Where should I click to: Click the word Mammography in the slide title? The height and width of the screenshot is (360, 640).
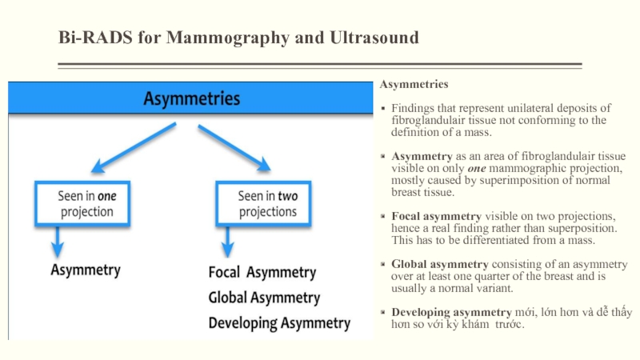tap(228, 38)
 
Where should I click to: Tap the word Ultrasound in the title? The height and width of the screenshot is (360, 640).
tap(374, 37)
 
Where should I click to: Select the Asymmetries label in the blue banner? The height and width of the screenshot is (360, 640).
tap(191, 98)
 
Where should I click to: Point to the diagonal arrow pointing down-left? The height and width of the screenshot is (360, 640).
tap(134, 147)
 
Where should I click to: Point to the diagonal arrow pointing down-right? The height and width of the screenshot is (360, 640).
tap(234, 147)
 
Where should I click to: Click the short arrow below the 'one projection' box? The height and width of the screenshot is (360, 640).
tap(58, 242)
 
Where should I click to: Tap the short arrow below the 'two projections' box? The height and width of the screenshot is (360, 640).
tap(228, 242)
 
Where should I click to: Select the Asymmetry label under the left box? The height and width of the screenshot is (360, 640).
tap(86, 270)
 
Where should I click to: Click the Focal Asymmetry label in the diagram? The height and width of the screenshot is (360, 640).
tap(262, 272)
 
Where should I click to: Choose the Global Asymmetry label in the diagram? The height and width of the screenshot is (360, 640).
tap(264, 298)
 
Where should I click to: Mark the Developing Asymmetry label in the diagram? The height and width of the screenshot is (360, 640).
tap(279, 323)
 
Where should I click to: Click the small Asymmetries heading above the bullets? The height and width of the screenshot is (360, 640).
tap(414, 84)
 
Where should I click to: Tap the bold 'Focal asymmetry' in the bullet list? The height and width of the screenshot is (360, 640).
tap(436, 216)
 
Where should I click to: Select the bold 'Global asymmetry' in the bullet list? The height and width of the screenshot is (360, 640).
tap(440, 264)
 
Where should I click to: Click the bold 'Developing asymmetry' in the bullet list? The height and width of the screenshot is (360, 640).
tap(451, 312)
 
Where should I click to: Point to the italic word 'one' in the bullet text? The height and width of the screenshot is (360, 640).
tap(477, 169)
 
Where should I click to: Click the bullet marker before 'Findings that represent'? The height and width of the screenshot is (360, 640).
tap(383, 109)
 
